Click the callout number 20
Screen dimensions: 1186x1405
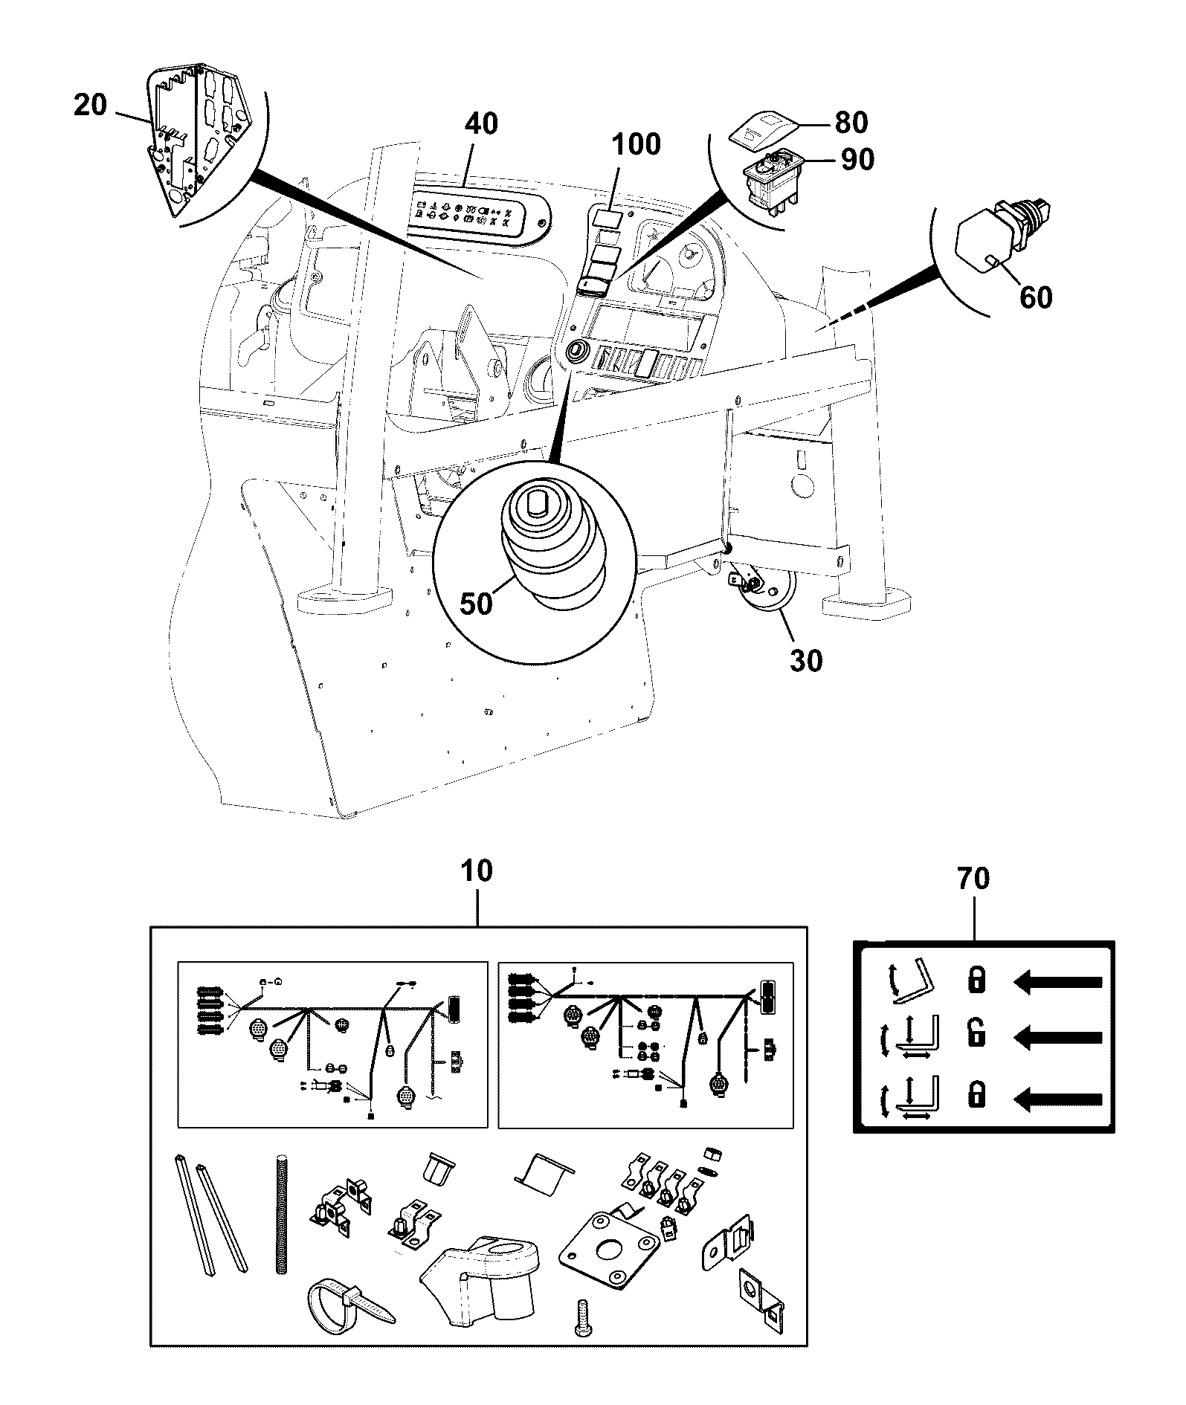click(x=91, y=106)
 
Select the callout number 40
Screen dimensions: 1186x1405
click(x=481, y=123)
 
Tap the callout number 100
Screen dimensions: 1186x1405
click(x=637, y=144)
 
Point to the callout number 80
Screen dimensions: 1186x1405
click(x=851, y=123)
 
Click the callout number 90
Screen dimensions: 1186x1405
click(x=857, y=158)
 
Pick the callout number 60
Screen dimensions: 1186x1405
click(x=1036, y=297)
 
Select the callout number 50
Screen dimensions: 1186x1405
click(x=477, y=604)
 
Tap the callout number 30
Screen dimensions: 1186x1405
click(x=806, y=660)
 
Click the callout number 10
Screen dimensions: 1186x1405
click(x=477, y=871)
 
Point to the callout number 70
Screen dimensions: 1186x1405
click(x=974, y=879)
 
